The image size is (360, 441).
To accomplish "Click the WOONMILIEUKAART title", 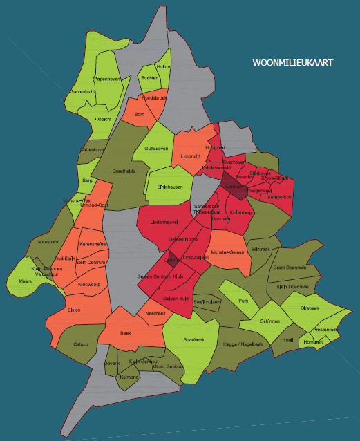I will (292, 63).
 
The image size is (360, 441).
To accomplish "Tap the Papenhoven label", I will (108, 79).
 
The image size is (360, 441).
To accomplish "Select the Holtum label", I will (164, 67).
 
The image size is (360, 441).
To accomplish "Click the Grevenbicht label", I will (82, 91).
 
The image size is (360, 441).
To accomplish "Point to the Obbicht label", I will (103, 118).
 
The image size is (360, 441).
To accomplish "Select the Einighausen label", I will (169, 187).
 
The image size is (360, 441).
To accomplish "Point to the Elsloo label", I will (74, 310).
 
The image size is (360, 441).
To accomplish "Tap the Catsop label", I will (81, 344).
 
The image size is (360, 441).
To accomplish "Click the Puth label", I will (243, 301).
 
